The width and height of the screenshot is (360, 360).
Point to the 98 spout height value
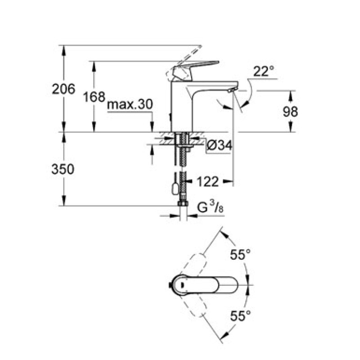(290, 112)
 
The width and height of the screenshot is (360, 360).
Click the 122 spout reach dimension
(208, 181)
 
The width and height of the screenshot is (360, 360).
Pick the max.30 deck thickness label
(130, 104)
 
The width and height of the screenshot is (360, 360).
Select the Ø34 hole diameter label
(220, 145)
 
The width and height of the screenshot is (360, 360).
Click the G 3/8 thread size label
(211, 207)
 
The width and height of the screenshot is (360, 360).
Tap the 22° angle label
(263, 72)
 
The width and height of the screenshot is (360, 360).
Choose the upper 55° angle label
(240, 255)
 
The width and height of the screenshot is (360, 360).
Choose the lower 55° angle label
(240, 316)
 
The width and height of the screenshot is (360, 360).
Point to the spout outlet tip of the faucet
(231, 90)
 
